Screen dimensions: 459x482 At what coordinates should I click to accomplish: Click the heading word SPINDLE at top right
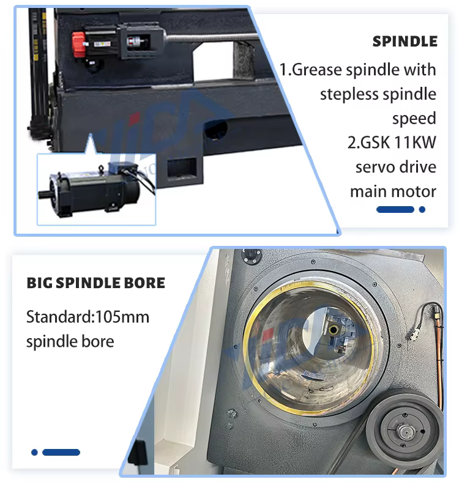coord(405,42)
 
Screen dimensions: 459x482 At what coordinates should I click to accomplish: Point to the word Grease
coord(317,70)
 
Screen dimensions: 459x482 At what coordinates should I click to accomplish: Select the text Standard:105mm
coord(88,317)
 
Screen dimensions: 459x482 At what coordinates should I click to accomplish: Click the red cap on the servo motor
coord(78,45)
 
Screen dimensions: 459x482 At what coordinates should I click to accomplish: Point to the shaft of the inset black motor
coord(45,194)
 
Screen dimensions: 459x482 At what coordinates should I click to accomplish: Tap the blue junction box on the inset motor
coord(122,168)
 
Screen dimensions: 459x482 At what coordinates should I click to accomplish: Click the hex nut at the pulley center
coord(405,432)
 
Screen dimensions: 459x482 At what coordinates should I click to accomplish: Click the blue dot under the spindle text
coord(422,209)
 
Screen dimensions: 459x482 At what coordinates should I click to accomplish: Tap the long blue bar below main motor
coord(395,209)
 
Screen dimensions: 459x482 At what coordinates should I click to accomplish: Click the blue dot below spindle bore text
coord(34,452)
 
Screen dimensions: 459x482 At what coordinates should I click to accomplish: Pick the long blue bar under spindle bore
coord(61,452)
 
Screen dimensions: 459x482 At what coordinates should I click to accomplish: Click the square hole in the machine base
coord(182,168)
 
